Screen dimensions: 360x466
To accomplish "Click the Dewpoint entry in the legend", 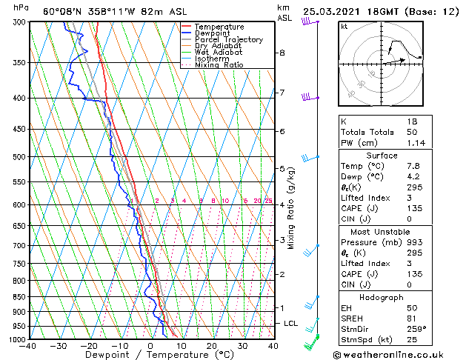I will click(212, 33).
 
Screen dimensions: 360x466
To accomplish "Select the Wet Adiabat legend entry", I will click(218, 53).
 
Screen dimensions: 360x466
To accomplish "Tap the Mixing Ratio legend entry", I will click(219, 65).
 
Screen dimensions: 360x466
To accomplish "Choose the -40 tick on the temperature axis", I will click(28, 346).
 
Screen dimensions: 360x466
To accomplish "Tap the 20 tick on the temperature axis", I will click(212, 346).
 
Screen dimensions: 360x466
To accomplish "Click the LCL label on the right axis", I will click(291, 324).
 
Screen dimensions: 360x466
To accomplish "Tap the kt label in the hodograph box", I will click(344, 27).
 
